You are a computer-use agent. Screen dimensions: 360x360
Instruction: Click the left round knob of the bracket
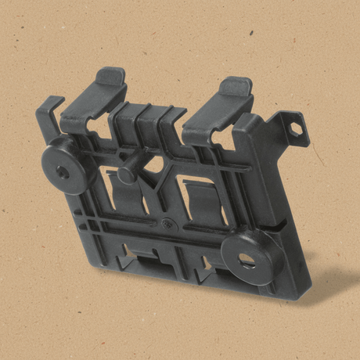tap(65, 166)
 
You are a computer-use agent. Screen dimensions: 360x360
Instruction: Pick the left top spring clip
tap(92, 102)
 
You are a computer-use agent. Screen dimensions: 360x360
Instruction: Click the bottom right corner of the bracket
tap(290, 296)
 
